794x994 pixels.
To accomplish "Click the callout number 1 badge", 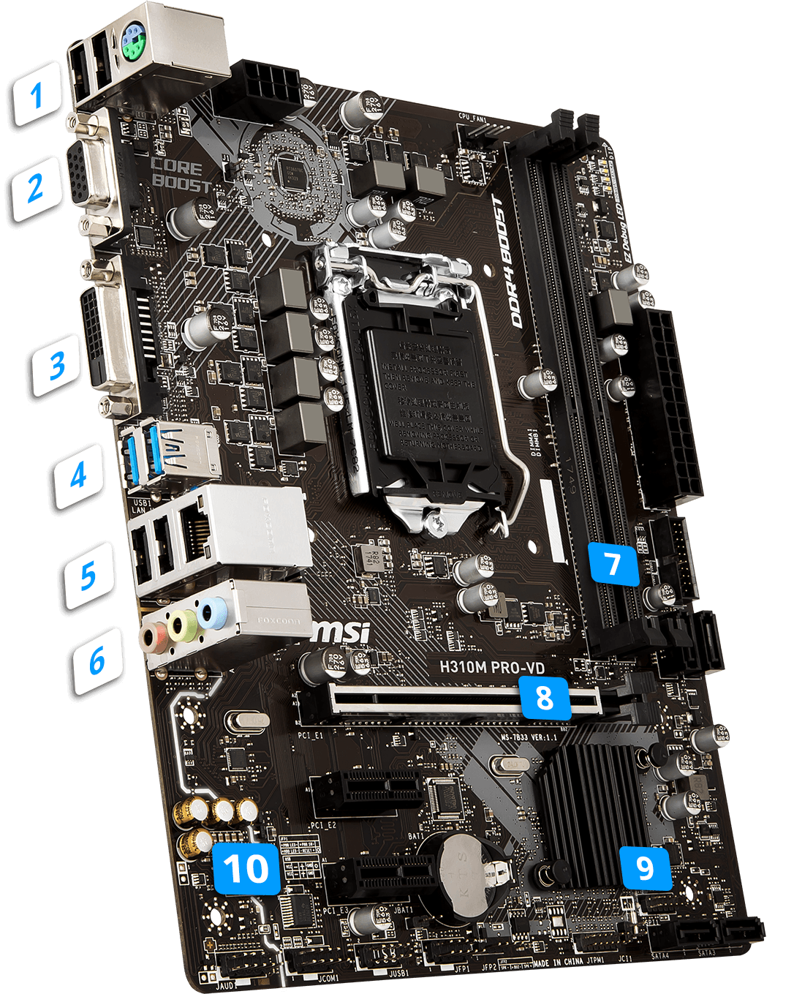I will pyautogui.click(x=36, y=94).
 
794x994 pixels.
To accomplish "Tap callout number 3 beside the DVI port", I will pyautogui.click(x=57, y=364).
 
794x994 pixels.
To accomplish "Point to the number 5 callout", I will pyautogui.click(x=88, y=575).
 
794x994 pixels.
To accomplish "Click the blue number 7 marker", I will pyautogui.click(x=613, y=563).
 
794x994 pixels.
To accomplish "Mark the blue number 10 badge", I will pyautogui.click(x=246, y=868).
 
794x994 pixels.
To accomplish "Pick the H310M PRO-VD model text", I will pyautogui.click(x=491, y=667).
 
